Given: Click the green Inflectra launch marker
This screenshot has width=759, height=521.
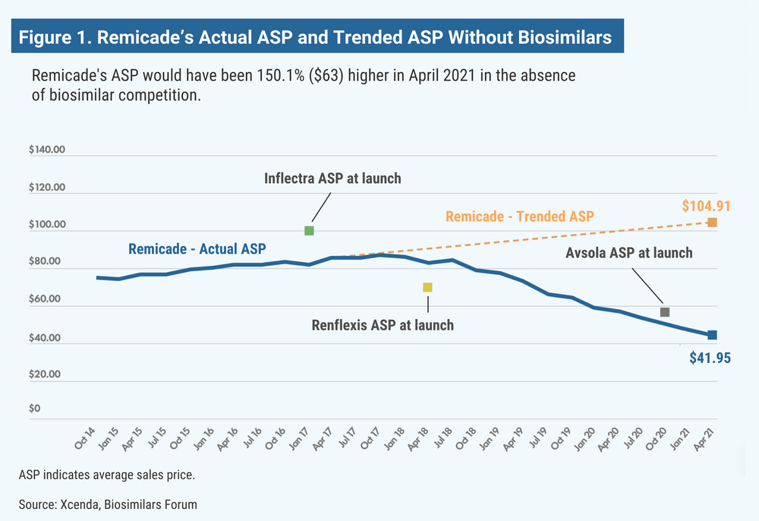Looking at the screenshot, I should click(x=309, y=230).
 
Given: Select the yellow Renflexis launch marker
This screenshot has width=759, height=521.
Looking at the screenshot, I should click(x=427, y=287).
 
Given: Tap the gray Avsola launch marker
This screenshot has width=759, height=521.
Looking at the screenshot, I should click(x=665, y=312).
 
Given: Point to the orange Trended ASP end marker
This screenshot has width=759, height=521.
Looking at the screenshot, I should click(x=712, y=223).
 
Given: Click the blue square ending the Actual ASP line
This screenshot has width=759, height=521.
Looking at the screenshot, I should click(x=712, y=335).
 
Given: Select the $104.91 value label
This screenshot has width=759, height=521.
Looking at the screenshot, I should click(x=706, y=205).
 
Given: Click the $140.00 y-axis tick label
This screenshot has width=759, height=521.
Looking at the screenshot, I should click(x=48, y=150).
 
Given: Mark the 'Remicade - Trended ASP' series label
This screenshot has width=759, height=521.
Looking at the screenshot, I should click(x=519, y=216).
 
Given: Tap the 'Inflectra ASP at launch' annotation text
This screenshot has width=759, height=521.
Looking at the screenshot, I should click(x=332, y=179).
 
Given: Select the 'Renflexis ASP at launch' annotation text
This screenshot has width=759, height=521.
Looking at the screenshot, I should click(x=383, y=325).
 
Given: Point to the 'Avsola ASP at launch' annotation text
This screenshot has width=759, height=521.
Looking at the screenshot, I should click(x=629, y=252).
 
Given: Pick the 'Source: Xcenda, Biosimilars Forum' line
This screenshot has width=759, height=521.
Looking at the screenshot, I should click(x=108, y=504).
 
